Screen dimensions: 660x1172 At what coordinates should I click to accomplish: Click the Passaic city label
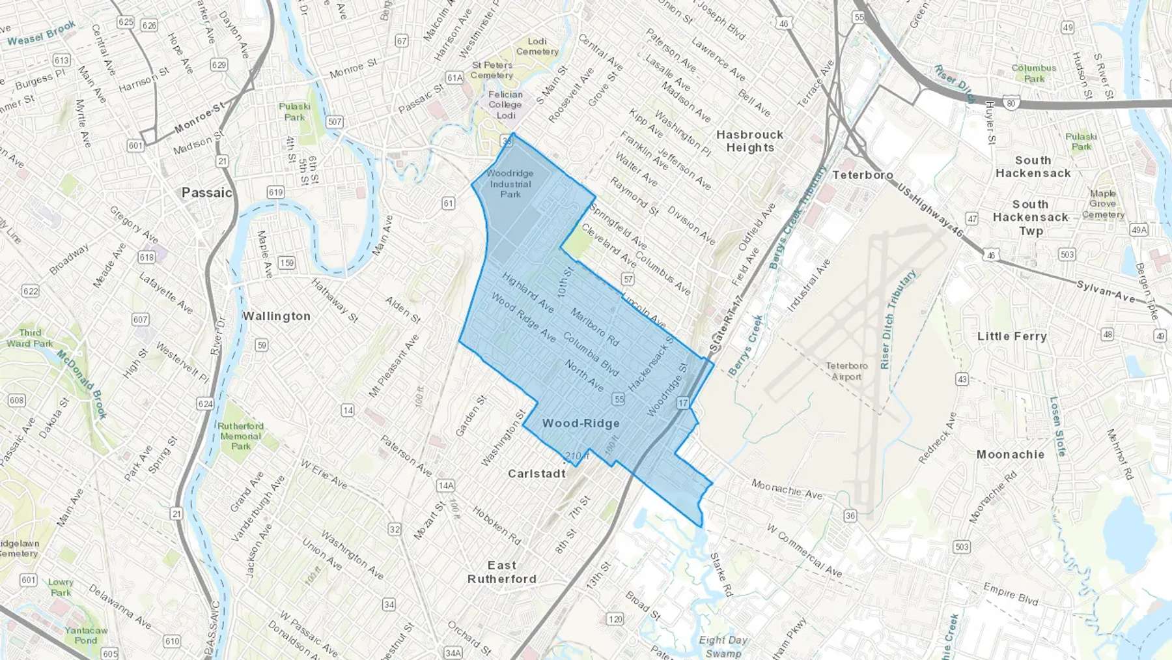[206, 193]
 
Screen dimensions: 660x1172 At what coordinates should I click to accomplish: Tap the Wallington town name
[276, 316]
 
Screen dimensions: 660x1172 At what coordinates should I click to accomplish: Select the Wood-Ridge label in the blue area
[581, 423]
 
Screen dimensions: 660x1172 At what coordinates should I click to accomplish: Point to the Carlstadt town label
[537, 474]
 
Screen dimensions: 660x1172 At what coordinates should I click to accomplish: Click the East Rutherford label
[502, 572]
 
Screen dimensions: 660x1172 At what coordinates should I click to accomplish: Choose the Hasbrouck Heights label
[749, 141]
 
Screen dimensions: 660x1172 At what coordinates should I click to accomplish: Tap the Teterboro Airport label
[846, 371]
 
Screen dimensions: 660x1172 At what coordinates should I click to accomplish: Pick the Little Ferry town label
[1012, 336]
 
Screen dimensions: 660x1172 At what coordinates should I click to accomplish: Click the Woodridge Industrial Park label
[510, 184]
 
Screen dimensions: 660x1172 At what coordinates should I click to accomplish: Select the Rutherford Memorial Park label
[240, 436]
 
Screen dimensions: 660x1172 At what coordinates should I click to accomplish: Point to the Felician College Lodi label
[505, 104]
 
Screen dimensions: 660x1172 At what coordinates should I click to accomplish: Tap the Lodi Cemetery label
[537, 46]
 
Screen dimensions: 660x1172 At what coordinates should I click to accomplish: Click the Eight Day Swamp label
[723, 646]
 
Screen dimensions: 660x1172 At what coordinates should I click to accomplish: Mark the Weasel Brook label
[42, 33]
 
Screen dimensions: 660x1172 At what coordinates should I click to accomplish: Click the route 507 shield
[335, 122]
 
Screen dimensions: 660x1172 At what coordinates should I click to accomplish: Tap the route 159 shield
[286, 263]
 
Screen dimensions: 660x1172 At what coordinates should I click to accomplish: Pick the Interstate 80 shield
[1011, 102]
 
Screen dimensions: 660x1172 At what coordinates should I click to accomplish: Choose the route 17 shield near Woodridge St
[682, 403]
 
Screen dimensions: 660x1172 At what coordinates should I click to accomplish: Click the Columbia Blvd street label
[591, 354]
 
